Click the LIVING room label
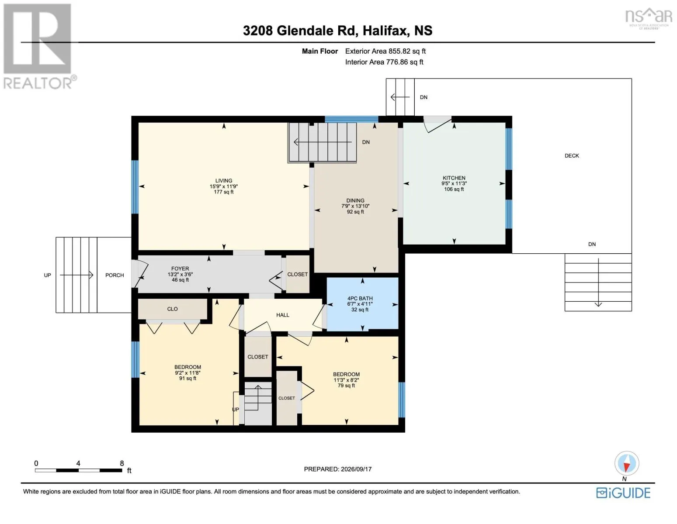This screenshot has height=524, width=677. pyautogui.click(x=223, y=180)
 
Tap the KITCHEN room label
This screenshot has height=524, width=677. pyautogui.click(x=454, y=178)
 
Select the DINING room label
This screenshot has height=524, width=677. pyautogui.click(x=355, y=200)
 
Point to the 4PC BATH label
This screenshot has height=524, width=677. pyautogui.click(x=360, y=298)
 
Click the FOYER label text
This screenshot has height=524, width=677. pyautogui.click(x=180, y=269)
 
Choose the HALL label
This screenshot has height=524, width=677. pyautogui.click(x=283, y=315)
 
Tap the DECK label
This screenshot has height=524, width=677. pyautogui.click(x=572, y=155)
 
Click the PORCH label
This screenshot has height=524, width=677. pyautogui.click(x=115, y=275)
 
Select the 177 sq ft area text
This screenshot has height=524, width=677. pyautogui.click(x=223, y=192)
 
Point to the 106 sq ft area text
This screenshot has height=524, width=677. pyautogui.click(x=454, y=189)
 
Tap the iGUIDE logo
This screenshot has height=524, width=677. pyautogui.click(x=623, y=493)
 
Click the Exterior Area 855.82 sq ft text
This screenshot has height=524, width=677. pyautogui.click(x=385, y=51)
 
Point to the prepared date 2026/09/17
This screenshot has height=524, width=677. pyautogui.click(x=356, y=469)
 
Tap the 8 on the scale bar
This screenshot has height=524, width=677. pyautogui.click(x=122, y=463)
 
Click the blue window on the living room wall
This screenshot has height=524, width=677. pyautogui.click(x=135, y=187)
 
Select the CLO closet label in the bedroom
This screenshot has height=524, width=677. pyautogui.click(x=172, y=309)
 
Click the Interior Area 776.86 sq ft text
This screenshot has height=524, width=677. pyautogui.click(x=384, y=62)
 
